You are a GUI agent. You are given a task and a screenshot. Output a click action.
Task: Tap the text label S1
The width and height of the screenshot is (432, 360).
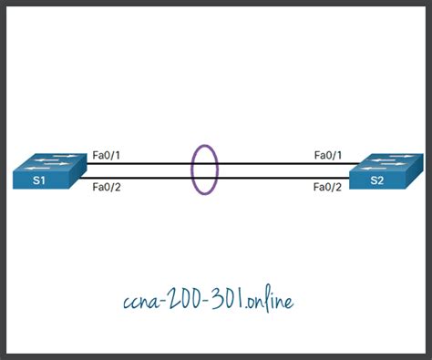38,181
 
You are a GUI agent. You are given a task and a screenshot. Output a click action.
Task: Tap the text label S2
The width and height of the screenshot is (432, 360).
376,181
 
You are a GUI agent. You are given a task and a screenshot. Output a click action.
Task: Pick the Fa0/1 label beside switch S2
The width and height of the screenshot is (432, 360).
326,155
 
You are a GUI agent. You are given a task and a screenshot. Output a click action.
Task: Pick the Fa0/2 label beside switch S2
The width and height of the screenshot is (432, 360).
326,188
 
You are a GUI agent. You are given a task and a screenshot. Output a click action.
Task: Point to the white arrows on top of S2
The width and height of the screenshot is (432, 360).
389,161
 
